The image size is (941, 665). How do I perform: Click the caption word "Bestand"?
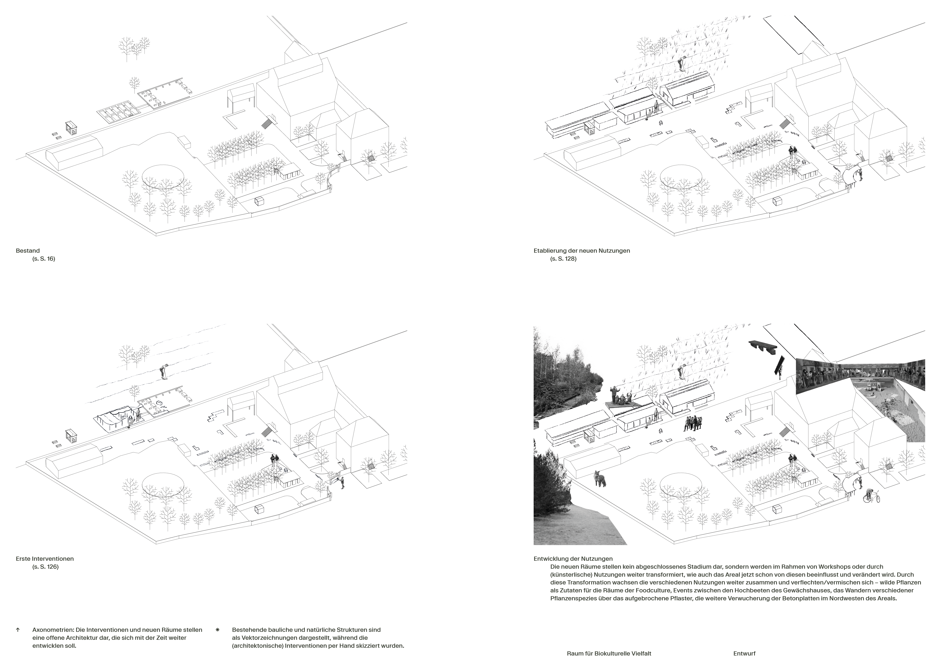[28, 251]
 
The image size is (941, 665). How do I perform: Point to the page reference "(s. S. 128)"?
[563, 259]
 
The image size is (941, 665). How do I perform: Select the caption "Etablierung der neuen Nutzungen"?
[582, 251]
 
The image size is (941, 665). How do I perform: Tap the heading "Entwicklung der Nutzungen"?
[573, 558]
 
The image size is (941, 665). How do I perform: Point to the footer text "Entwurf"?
[744, 654]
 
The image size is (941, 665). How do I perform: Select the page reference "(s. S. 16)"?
[43, 259]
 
